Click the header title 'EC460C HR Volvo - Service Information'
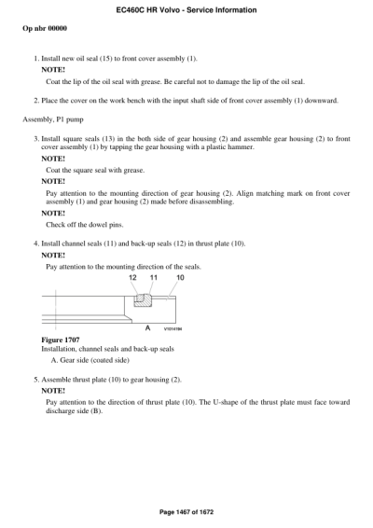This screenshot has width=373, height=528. (186, 8)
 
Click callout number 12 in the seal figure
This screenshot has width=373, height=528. (132, 277)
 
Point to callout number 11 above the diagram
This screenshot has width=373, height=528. (153, 277)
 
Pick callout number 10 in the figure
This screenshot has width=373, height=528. (180, 277)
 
